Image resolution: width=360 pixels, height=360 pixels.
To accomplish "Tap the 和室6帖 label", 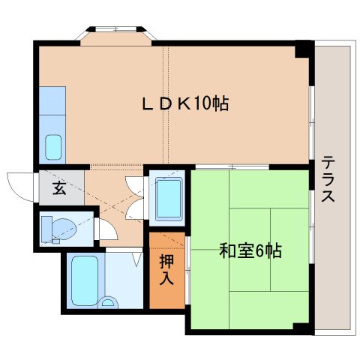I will [x=250, y=250].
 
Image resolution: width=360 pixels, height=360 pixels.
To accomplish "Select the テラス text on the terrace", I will [x=328, y=180].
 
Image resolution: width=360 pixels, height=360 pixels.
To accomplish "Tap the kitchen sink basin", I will [x=54, y=146].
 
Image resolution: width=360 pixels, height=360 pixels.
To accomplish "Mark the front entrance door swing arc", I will [x=19, y=184].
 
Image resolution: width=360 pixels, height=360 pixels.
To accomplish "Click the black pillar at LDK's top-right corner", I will [x=303, y=49].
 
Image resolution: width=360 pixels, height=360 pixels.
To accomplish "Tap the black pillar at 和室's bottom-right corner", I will [x=301, y=327].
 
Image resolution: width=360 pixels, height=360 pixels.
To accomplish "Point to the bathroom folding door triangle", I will [x=137, y=260].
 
